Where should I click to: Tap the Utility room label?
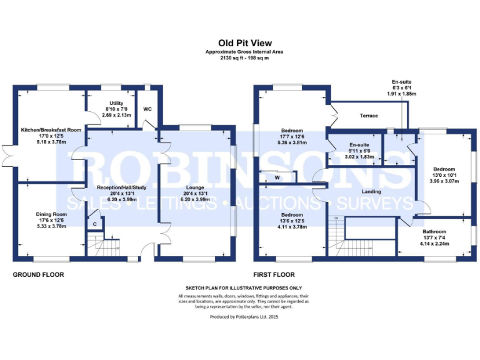[116, 103]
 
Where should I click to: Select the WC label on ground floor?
[147, 109]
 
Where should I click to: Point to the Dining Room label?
[51, 214]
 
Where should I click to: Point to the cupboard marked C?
[94, 224]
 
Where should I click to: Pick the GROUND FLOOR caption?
[39, 274]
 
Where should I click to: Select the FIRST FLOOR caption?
[274, 274]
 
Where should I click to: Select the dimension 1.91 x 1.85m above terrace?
[402, 93]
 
